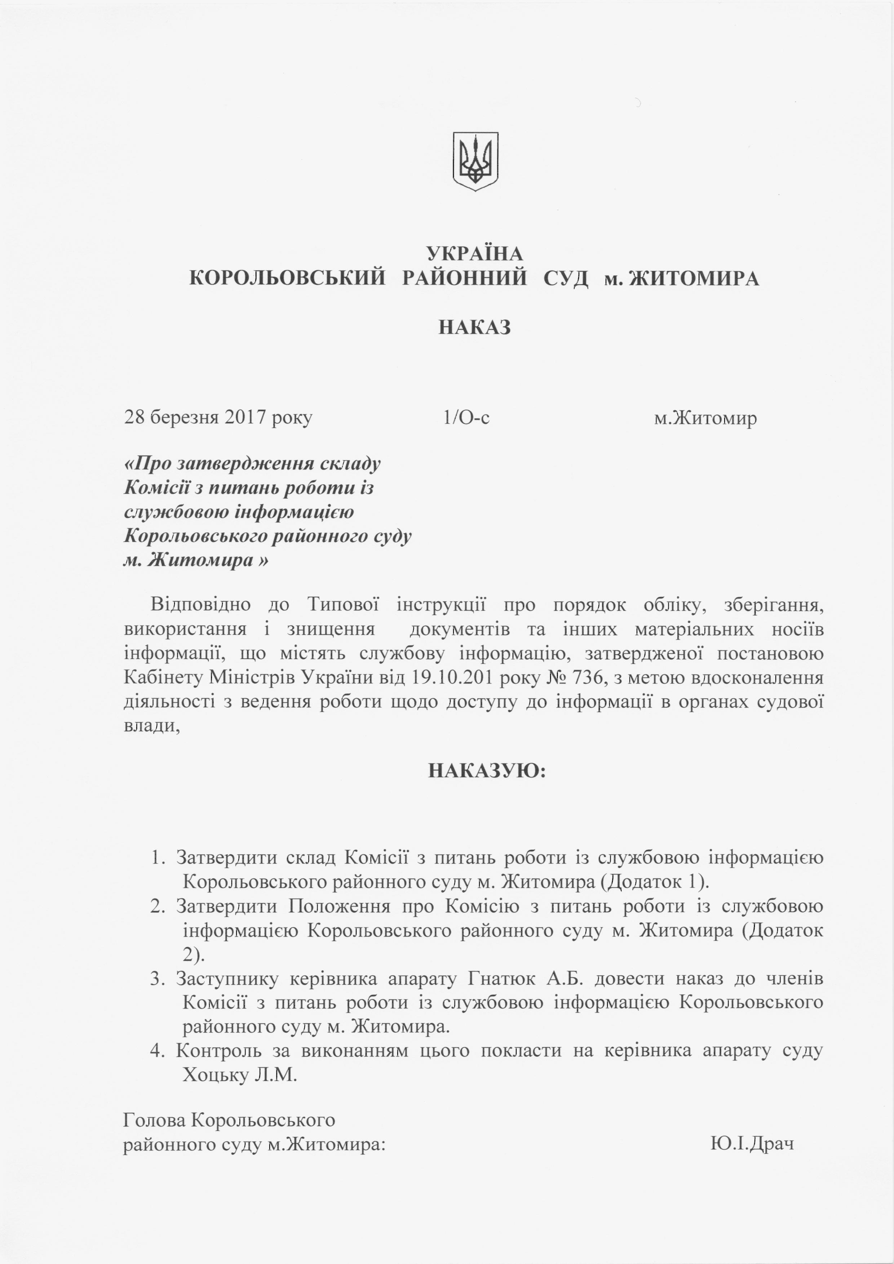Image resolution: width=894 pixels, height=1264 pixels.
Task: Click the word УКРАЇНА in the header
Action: tap(475, 254)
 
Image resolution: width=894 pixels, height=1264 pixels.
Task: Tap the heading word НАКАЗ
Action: tap(475, 328)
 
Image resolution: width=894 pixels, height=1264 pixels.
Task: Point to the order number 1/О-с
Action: tap(466, 418)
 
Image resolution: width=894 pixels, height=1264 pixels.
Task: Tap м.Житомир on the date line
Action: tap(705, 418)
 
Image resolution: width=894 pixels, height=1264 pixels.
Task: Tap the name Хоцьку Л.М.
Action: tap(240, 1074)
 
